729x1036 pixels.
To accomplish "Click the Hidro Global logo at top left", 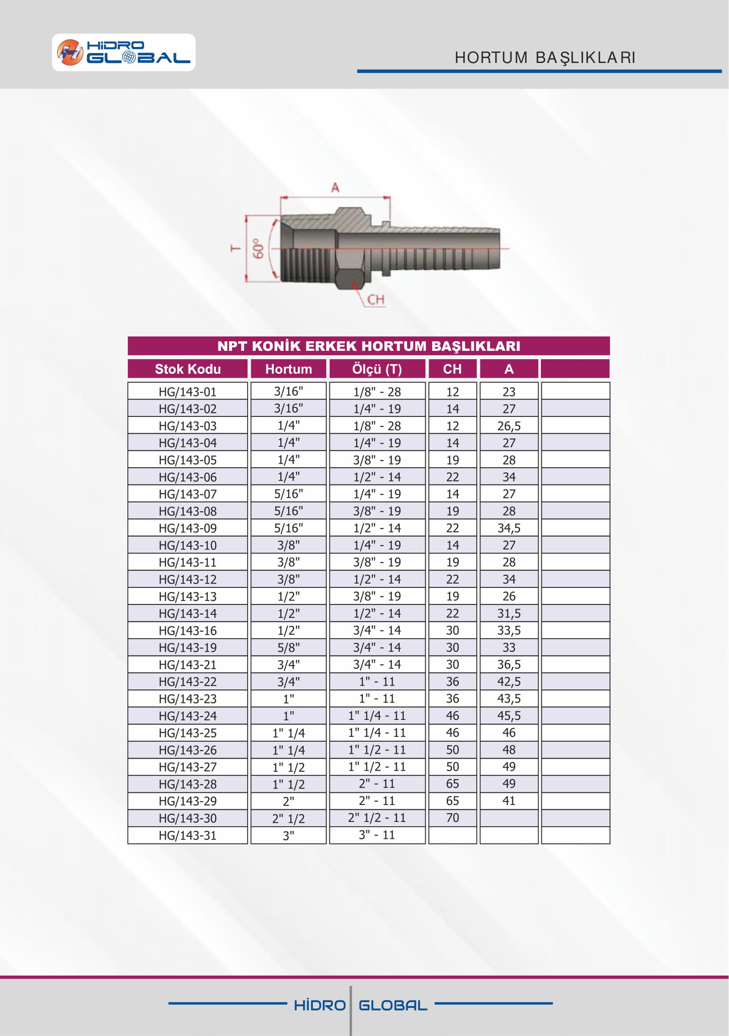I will click(x=123, y=53).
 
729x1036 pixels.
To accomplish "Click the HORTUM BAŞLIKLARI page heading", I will click(x=545, y=58).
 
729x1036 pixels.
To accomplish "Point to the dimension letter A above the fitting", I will click(x=335, y=188).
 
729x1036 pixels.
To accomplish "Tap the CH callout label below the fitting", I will click(x=375, y=300).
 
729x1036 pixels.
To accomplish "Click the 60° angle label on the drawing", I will click(x=258, y=249).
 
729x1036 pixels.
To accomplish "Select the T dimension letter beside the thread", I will click(x=235, y=248).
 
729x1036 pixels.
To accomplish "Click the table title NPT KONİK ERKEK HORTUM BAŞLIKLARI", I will click(x=368, y=346).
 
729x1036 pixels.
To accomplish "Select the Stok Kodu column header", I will click(x=187, y=369).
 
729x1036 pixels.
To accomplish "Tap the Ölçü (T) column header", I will click(x=377, y=369).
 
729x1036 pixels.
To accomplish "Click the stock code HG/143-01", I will click(x=187, y=392).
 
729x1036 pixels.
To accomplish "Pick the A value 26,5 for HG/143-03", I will click(x=509, y=426).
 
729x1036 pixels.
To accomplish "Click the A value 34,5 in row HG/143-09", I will click(x=509, y=528).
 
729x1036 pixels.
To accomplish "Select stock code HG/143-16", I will click(x=187, y=630).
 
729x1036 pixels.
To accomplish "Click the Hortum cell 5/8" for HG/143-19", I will click(x=288, y=647).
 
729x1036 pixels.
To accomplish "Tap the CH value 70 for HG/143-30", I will click(x=452, y=818).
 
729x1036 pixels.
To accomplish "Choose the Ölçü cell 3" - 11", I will click(x=377, y=835).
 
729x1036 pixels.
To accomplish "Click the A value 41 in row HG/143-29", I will click(x=509, y=801).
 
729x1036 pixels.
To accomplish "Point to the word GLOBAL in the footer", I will click(x=393, y=1005).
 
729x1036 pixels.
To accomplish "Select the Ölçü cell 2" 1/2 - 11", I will click(x=377, y=818).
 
